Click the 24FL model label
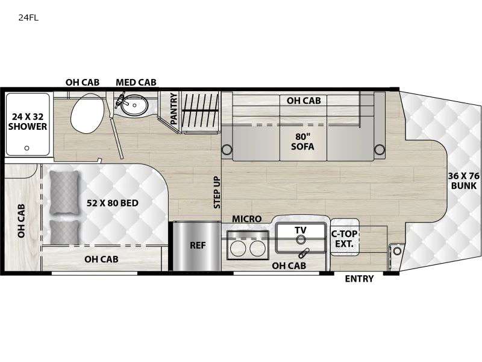pos(28,17)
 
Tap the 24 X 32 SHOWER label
pos(27,121)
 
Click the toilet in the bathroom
pos(87,116)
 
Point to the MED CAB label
pos(136,83)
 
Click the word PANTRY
pos(174,109)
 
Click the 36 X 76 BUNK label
pos(463,181)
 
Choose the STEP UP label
pos(217,192)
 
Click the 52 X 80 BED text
pos(112,203)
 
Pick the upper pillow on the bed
pos(64,192)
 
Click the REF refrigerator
pos(198,246)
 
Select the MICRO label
pos(247,219)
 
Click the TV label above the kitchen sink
pos(300,230)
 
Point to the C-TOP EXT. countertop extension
pos(345,238)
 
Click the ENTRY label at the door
pos(359,279)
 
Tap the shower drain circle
pos(27,147)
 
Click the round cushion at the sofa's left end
pos(227,150)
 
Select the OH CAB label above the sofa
pos(303,101)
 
